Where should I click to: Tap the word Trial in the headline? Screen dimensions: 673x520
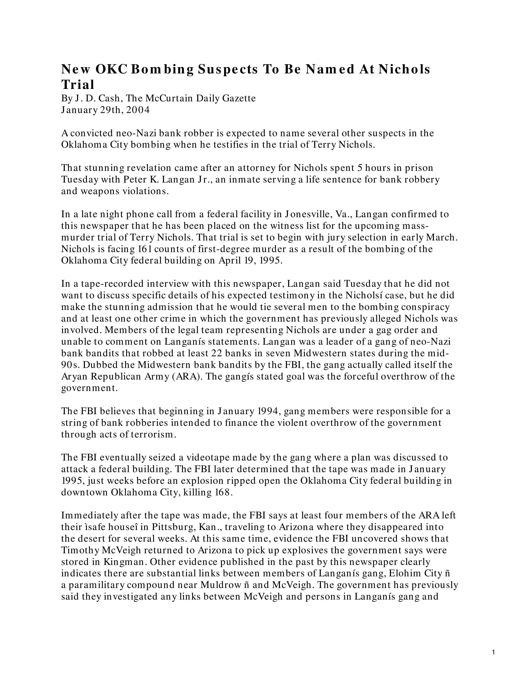78,85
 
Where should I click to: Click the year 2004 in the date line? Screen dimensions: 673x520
138,110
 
